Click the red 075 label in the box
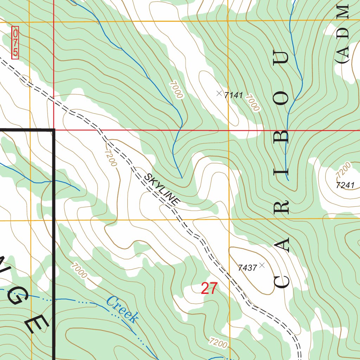tap(15, 43)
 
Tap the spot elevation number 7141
tap(233, 95)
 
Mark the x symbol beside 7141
tap(219, 94)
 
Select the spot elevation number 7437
tap(247, 268)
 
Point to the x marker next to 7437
tap(262, 265)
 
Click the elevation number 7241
tap(345, 186)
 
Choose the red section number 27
tap(209, 289)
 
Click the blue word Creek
tap(122, 309)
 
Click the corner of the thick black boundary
tap(54, 130)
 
